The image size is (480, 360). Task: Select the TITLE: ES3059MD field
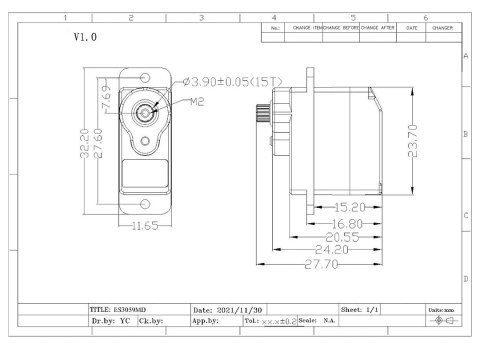click(x=124, y=309)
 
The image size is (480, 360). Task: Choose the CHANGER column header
click(x=444, y=28)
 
